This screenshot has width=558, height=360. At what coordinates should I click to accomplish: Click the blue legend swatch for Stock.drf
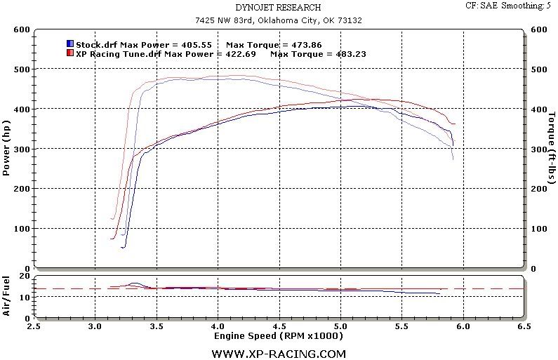[69, 44]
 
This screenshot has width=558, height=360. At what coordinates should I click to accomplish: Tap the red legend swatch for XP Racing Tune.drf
[69, 53]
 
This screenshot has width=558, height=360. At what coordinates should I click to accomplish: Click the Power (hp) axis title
[7, 149]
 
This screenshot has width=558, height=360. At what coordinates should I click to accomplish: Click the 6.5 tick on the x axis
[523, 326]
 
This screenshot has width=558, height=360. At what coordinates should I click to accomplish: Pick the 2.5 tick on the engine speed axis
[34, 326]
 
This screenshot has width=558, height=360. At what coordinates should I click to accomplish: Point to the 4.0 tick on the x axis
[218, 326]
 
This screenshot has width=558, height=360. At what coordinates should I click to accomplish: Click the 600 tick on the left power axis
[20, 29]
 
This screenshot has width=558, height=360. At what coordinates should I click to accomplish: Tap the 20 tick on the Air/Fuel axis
[23, 276]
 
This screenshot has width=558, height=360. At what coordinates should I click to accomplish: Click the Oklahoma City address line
[279, 20]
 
